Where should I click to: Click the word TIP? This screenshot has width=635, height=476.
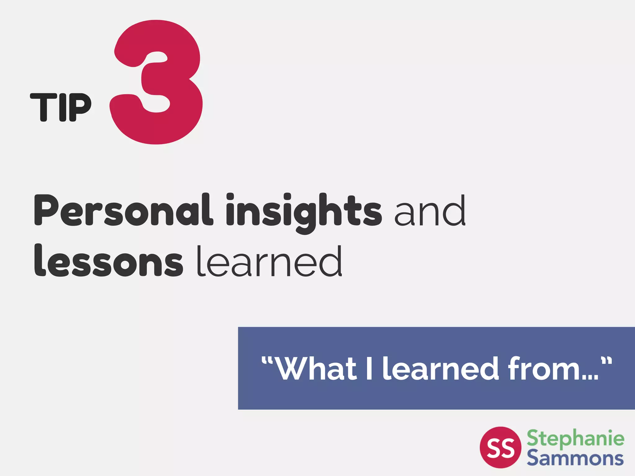pyautogui.click(x=61, y=107)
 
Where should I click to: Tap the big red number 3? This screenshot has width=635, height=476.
pyautogui.click(x=157, y=82)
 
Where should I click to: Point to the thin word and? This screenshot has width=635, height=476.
pyautogui.click(x=430, y=211)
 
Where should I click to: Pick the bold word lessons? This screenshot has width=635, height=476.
pyautogui.click(x=109, y=261)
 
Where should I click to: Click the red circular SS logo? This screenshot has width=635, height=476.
pyautogui.click(x=500, y=447)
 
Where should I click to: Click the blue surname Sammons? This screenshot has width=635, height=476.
pyautogui.click(x=575, y=458)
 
